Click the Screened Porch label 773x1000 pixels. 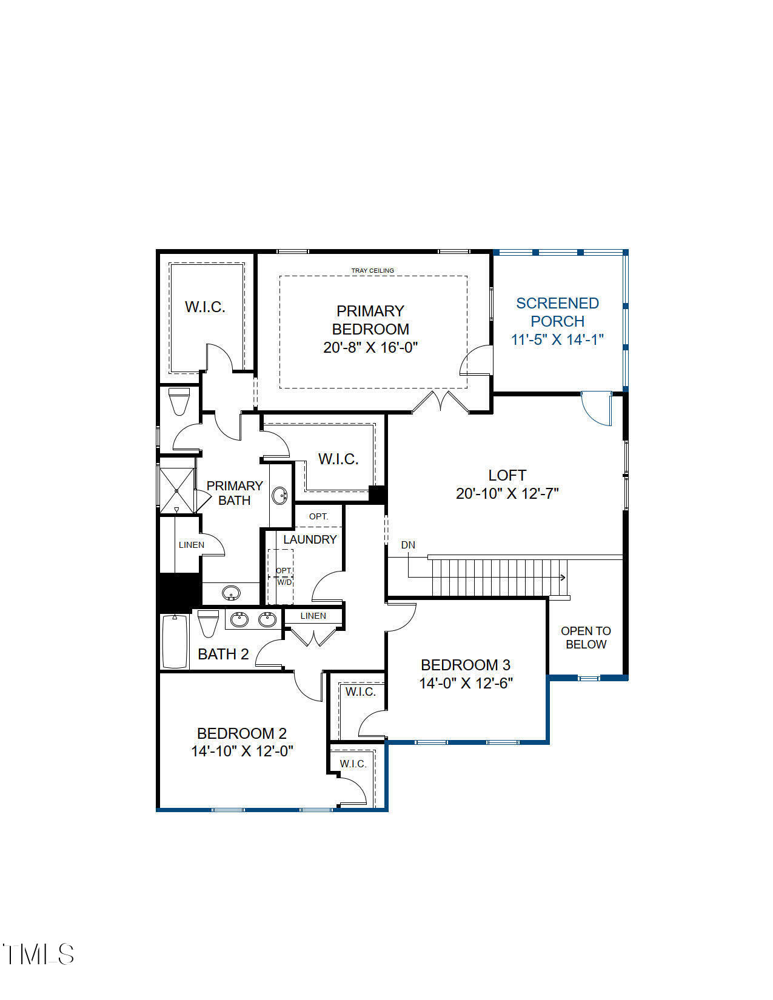pos(557,312)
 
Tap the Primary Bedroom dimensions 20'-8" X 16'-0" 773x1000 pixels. pos(370,347)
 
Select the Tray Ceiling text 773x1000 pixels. pos(372,270)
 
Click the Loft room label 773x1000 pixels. pos(507,475)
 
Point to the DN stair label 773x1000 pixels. pos(408,545)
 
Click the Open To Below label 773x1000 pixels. pos(586,638)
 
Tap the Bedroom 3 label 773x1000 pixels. pos(466,665)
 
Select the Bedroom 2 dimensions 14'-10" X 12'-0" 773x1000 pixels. pos(242,751)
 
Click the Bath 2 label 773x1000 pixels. pos(223,654)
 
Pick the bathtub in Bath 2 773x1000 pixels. pos(175,641)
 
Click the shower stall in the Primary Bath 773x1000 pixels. pos(176,490)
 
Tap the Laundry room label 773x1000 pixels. pos(310,539)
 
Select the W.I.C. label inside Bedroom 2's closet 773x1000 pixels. pos(353,764)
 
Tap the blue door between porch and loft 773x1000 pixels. pos(597,408)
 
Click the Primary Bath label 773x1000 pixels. pos(234,493)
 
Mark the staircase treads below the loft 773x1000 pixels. pos(497,578)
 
